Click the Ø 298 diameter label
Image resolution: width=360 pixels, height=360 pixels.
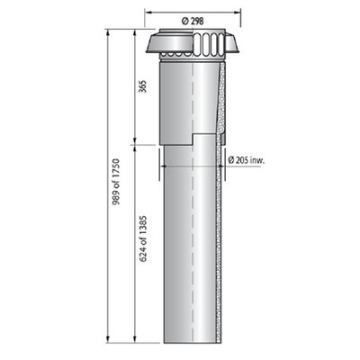point(193,22)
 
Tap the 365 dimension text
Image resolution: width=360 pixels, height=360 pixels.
point(144,86)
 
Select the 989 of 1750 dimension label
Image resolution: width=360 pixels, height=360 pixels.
point(115,182)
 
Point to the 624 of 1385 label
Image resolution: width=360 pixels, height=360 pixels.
point(144,238)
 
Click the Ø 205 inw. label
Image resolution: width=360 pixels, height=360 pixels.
point(247,160)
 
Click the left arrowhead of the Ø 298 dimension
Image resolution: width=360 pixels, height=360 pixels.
point(148,13)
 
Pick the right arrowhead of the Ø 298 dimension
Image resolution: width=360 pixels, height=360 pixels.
point(238,13)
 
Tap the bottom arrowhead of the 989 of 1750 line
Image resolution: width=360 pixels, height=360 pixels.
point(107,339)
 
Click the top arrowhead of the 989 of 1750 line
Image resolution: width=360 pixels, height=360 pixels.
point(107,32)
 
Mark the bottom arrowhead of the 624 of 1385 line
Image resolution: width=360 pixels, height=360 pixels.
point(135,339)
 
